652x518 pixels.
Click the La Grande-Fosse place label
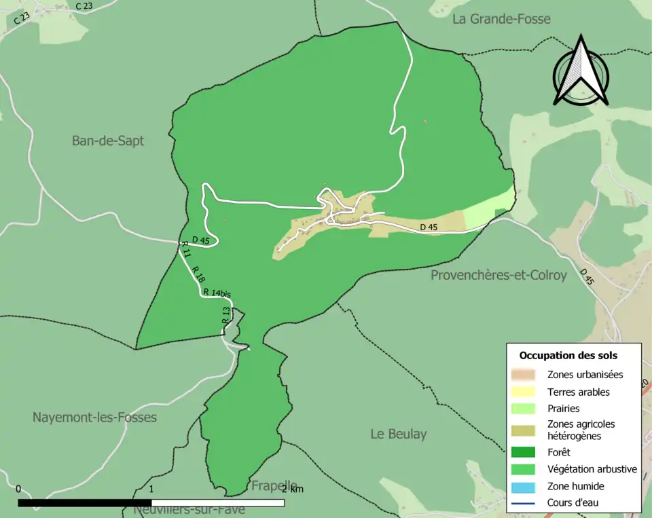501,19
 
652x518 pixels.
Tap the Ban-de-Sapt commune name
108,141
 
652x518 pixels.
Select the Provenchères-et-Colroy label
499,276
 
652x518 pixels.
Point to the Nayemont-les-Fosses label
94,418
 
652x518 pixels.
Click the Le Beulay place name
399,434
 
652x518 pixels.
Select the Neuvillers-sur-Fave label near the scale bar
189,509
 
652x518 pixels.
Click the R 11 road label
187,249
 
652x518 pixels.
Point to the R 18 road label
198,274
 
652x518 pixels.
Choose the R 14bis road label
217,293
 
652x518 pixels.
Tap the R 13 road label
225,314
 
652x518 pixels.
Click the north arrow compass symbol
581,71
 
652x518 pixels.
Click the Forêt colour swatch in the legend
524,452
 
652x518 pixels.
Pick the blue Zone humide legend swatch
524,486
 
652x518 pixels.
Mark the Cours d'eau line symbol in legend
524,503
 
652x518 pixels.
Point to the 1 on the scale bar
151,489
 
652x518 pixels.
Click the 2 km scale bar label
293,489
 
